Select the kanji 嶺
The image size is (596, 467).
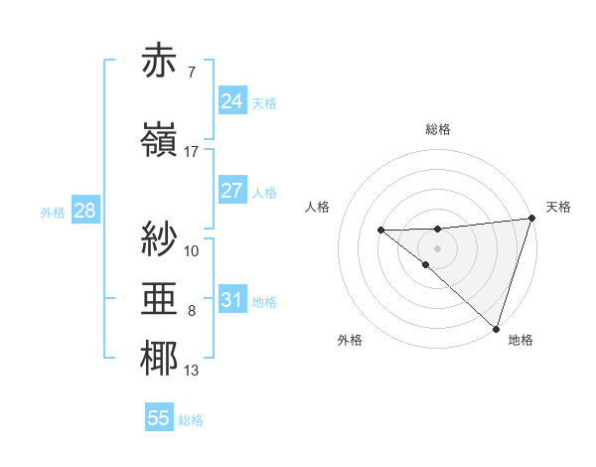[160, 140]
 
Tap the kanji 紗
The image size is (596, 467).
[160, 237]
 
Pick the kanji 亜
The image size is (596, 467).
[160, 298]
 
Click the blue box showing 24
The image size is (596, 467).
[231, 101]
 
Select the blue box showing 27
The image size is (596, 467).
[231, 191]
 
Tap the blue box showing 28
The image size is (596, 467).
[83, 211]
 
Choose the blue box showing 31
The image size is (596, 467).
[231, 300]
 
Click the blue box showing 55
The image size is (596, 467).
[159, 418]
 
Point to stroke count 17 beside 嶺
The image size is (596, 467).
[192, 152]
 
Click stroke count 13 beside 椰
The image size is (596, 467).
[192, 372]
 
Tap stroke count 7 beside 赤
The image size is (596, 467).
[191, 72]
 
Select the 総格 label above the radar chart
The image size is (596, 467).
[438, 129]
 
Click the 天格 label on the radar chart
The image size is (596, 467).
[558, 207]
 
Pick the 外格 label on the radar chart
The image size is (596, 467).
[350, 341]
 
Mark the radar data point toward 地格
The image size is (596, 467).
[495, 328]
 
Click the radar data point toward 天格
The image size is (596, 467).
[532, 219]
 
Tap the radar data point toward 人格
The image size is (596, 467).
[380, 231]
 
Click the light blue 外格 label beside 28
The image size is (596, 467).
[52, 212]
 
